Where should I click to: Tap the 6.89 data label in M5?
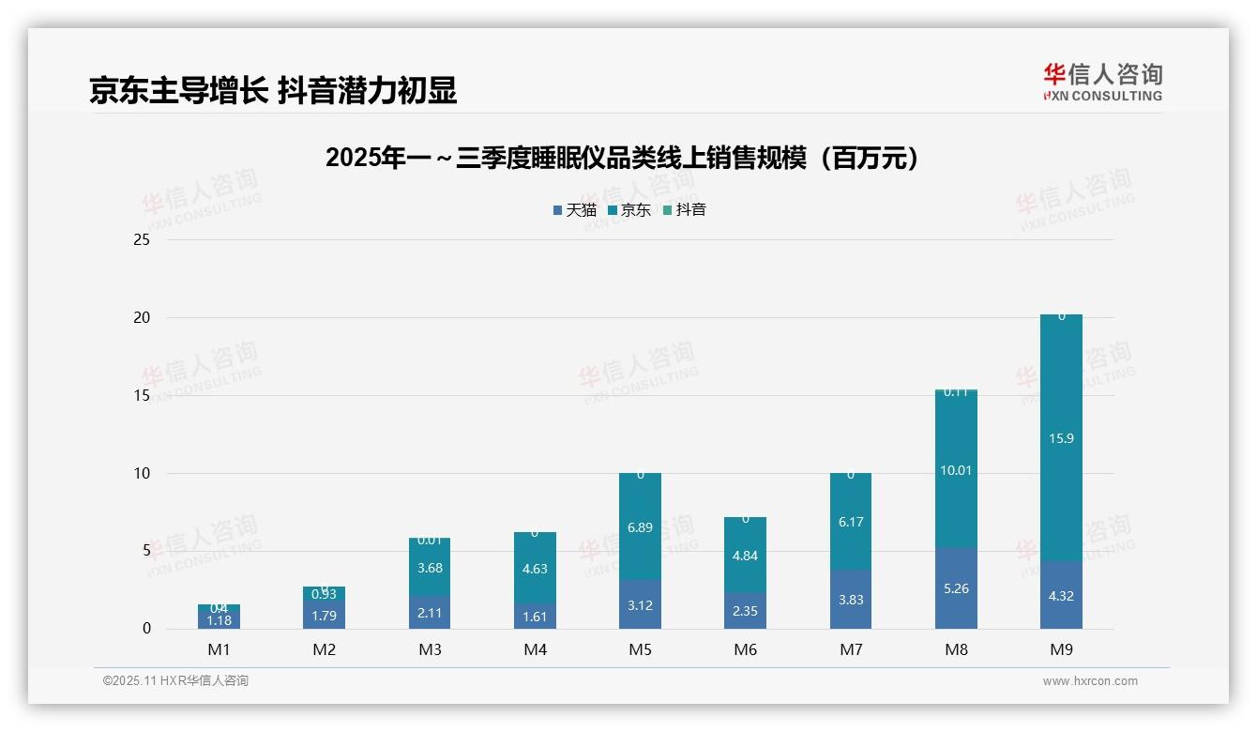tap(640, 528)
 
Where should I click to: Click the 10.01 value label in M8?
tap(956, 470)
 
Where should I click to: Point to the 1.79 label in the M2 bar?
tap(325, 616)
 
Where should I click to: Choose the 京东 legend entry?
tap(629, 210)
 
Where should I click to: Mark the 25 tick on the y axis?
tap(142, 239)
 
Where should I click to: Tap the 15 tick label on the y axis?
tap(142, 395)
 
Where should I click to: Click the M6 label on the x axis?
tap(745, 649)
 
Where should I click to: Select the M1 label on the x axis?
tap(219, 649)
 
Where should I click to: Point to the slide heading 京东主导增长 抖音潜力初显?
tap(273, 90)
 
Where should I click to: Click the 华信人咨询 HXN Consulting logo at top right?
tap(1102, 82)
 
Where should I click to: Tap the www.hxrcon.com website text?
tap(1089, 681)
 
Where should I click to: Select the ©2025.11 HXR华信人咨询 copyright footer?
tap(175, 681)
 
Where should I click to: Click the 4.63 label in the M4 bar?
tap(535, 569)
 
